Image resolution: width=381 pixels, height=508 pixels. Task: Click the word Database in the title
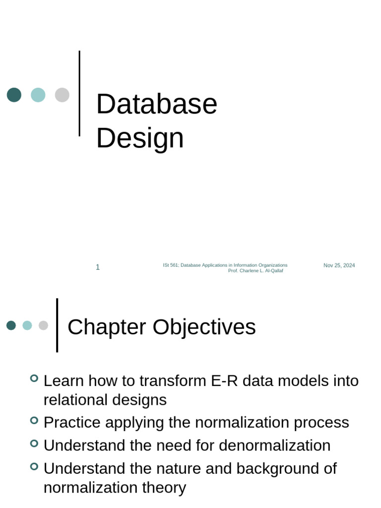coord(156,104)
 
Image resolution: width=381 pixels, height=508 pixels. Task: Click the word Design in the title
coord(140,138)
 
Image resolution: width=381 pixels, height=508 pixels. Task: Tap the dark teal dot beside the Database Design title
coord(14,95)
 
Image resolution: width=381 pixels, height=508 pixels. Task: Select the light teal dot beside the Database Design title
coord(38,95)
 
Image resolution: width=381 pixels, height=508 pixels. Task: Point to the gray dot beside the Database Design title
coord(62,95)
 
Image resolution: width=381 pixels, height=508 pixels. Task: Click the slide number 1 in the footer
coord(98,267)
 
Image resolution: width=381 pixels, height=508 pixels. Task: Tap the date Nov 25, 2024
coord(339,265)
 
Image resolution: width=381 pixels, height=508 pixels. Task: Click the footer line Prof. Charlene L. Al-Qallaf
coord(255,271)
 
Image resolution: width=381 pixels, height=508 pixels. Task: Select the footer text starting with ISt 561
coord(225,265)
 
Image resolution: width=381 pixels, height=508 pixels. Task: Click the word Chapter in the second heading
coord(107,327)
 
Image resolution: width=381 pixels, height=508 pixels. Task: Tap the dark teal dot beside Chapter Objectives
coord(11,325)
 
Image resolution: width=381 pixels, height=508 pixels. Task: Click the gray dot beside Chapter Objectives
coord(44,325)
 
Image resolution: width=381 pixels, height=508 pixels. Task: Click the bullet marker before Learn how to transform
coord(34,379)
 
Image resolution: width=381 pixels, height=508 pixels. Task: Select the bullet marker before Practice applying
coord(34,420)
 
